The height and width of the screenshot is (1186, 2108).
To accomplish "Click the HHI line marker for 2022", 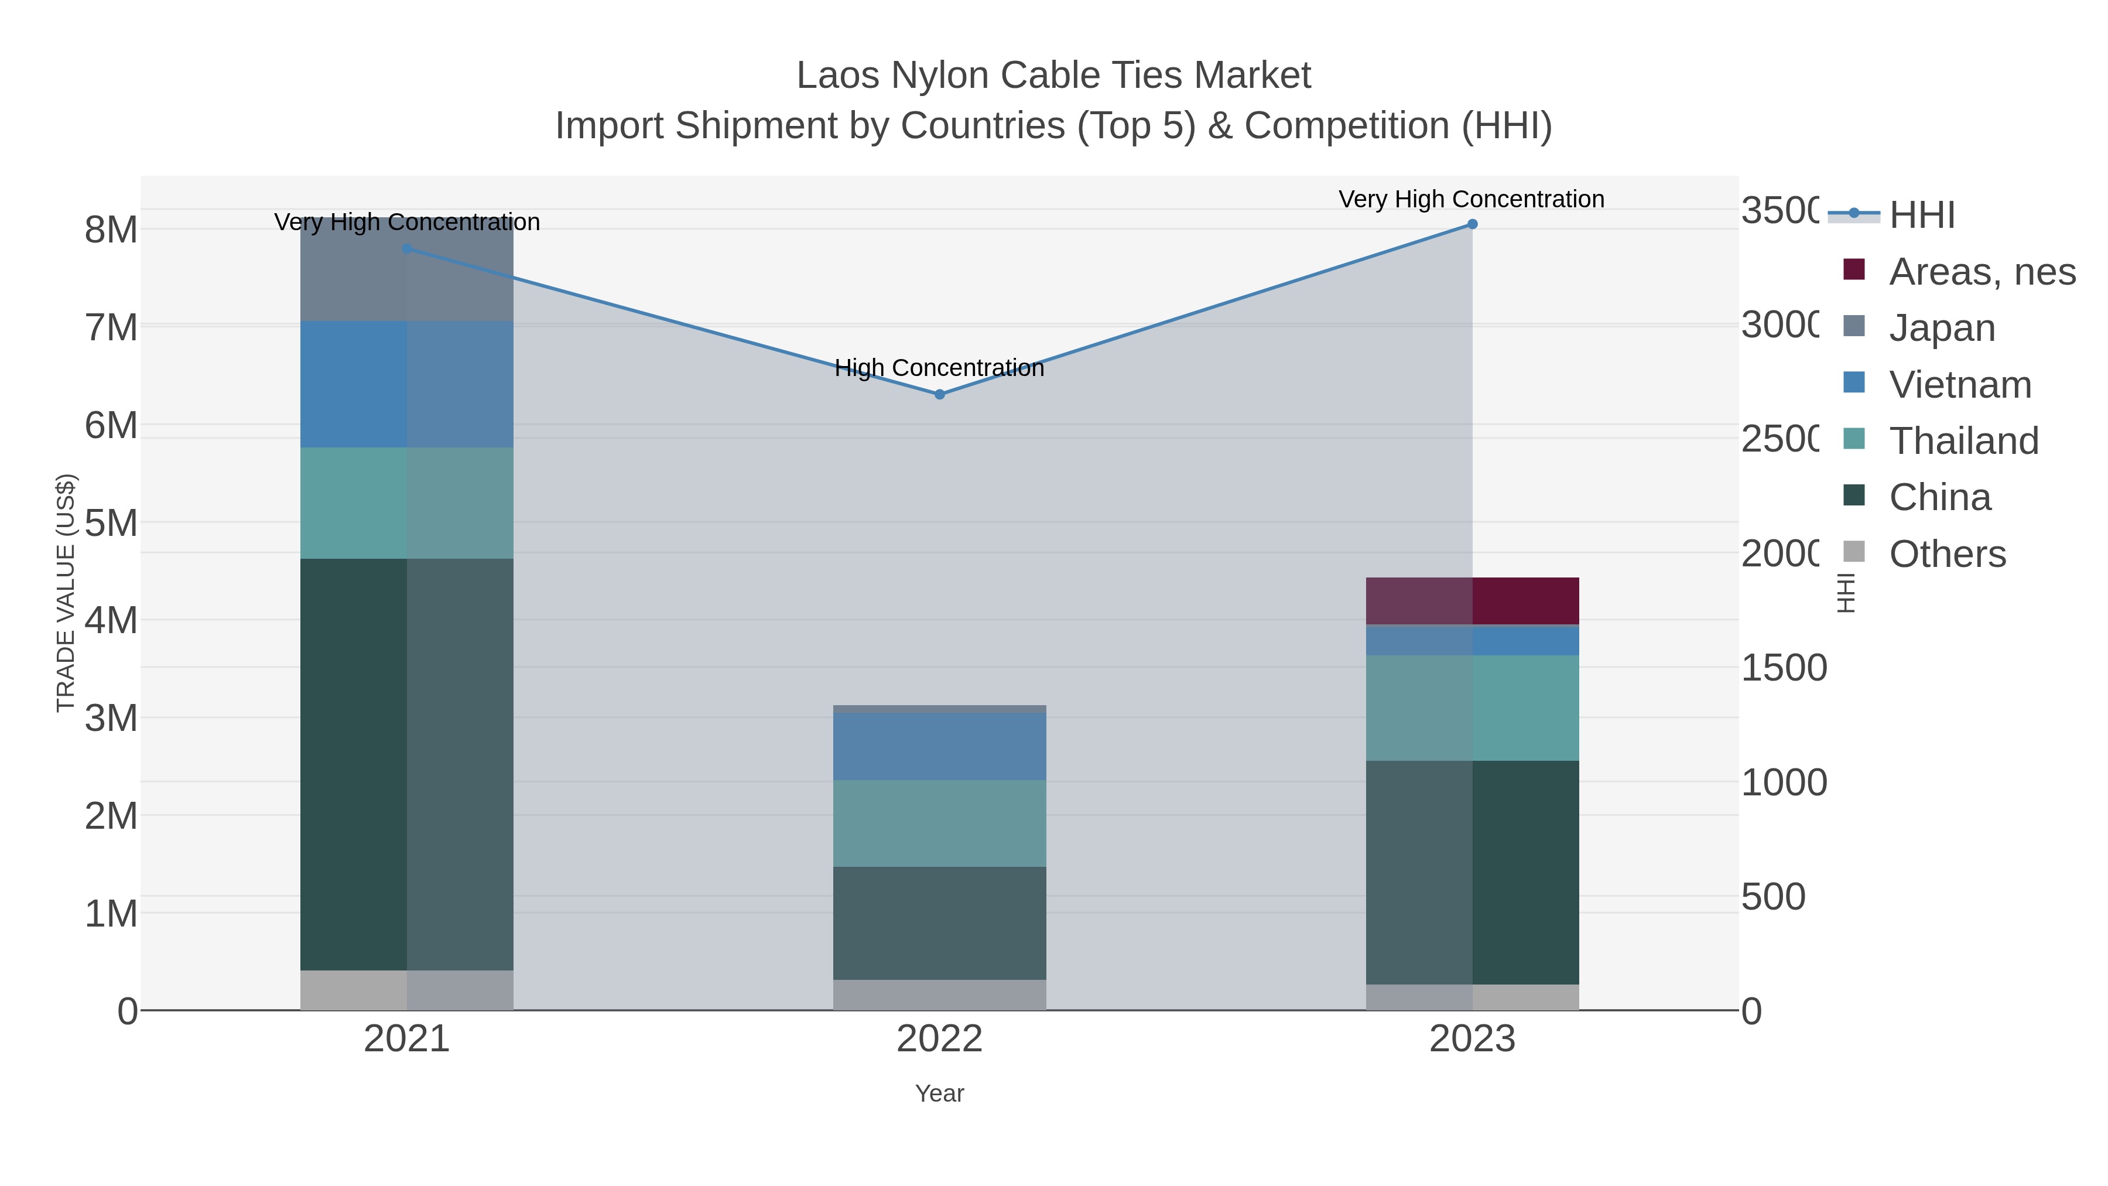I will pyautogui.click(x=939, y=395).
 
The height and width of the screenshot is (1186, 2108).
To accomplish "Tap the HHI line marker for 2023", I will pyautogui.click(x=1472, y=224).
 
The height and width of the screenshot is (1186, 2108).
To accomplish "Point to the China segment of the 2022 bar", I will pyautogui.click(x=939, y=923).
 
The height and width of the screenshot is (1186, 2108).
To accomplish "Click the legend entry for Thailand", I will pyautogui.click(x=1963, y=441).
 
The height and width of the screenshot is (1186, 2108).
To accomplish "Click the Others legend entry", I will pyautogui.click(x=1947, y=554).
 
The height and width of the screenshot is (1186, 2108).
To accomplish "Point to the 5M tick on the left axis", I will pyautogui.click(x=111, y=523).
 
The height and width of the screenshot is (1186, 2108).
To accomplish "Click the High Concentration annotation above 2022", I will pyautogui.click(x=939, y=368).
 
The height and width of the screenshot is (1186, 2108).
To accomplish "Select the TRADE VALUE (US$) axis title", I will pyautogui.click(x=66, y=593).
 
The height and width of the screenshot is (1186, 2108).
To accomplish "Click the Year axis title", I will pyautogui.click(x=939, y=1093).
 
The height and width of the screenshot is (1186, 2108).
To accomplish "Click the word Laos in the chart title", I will pyautogui.click(x=838, y=76).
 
